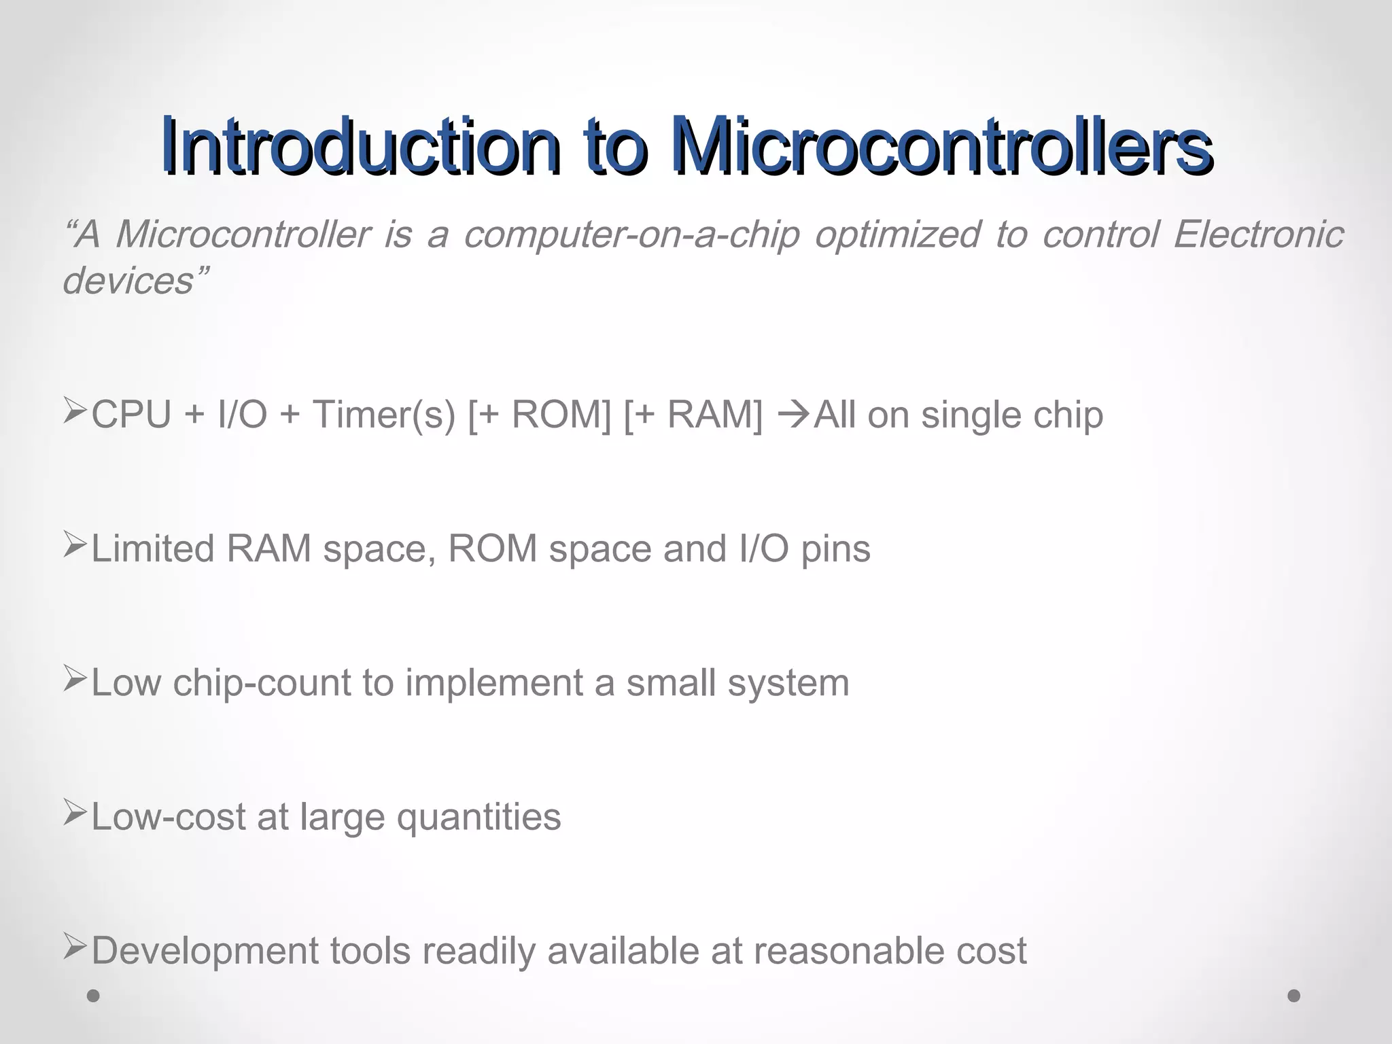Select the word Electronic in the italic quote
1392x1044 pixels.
(x=1258, y=234)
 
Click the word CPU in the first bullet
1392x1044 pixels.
(x=131, y=415)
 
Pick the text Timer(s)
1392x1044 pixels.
(x=383, y=415)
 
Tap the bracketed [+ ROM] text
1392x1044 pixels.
(x=540, y=415)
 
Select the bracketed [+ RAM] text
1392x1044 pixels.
(x=693, y=415)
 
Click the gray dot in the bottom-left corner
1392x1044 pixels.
(x=94, y=996)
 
